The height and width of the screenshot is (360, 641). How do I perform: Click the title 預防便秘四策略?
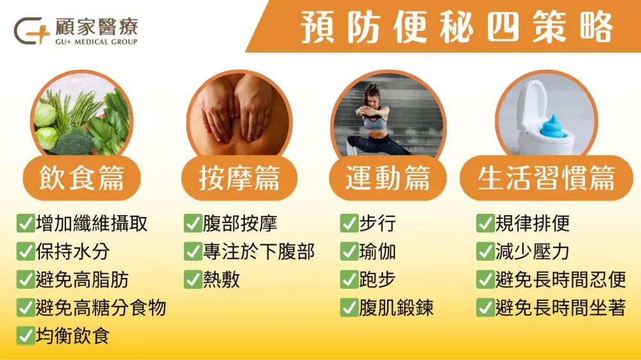(x=457, y=27)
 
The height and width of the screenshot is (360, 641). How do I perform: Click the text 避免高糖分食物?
(x=101, y=308)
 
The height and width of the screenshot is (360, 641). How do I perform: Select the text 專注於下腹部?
(x=258, y=252)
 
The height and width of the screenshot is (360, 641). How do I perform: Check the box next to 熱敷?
(x=193, y=280)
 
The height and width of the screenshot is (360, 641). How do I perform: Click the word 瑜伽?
(x=378, y=252)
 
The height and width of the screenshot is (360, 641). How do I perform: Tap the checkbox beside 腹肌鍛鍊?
(x=349, y=308)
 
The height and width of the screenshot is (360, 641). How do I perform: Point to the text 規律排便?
(x=532, y=224)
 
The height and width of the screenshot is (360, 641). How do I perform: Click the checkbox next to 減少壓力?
(x=485, y=252)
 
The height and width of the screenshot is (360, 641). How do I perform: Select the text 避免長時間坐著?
(x=560, y=308)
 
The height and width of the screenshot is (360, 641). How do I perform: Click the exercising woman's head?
(x=371, y=95)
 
